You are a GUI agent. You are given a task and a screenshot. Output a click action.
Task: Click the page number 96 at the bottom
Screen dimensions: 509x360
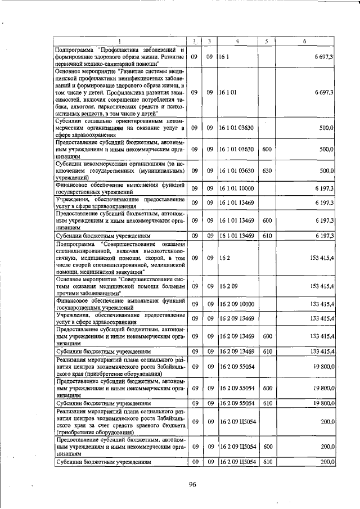coord(192,485)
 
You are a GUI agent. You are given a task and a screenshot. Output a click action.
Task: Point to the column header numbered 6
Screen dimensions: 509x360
coord(304,41)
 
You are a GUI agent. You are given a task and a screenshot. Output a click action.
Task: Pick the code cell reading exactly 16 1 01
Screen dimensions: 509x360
coord(228,92)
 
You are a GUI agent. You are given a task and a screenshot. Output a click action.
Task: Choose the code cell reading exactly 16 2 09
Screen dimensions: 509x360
coord(228,286)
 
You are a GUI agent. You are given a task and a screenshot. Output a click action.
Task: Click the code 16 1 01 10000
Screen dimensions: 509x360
coord(237,188)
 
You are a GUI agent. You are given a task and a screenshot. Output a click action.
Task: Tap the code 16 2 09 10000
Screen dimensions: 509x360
coord(237,304)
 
